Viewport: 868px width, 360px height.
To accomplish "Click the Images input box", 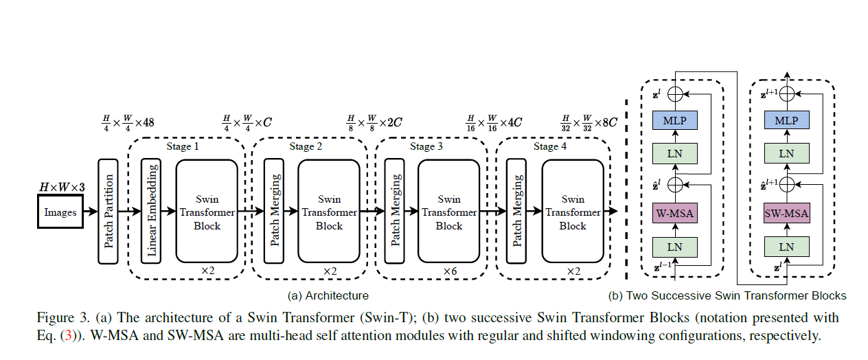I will [x=60, y=212].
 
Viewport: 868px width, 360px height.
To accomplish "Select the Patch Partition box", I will [x=108, y=211].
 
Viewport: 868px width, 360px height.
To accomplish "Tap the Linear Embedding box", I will [x=152, y=211].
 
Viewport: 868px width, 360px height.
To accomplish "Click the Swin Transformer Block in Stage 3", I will [x=449, y=212].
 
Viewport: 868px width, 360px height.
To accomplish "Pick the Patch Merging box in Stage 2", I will [x=273, y=211].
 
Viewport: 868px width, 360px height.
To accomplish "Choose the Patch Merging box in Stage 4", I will [x=516, y=211].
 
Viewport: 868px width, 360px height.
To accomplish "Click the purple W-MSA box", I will [x=674, y=214].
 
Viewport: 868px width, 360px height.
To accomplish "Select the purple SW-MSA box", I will [x=786, y=214].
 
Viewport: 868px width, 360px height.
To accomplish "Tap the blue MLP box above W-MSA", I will [x=674, y=121].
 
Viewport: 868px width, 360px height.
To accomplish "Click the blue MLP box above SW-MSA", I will [x=786, y=121].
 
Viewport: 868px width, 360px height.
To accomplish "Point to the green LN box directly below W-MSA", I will [x=674, y=246].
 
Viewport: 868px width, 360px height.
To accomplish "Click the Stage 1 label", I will [x=183, y=146].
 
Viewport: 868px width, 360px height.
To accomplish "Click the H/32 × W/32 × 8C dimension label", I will [x=589, y=123].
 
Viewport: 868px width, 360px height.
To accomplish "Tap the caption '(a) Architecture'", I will [x=328, y=296].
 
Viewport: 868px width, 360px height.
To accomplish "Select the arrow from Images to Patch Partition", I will [x=91, y=212].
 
